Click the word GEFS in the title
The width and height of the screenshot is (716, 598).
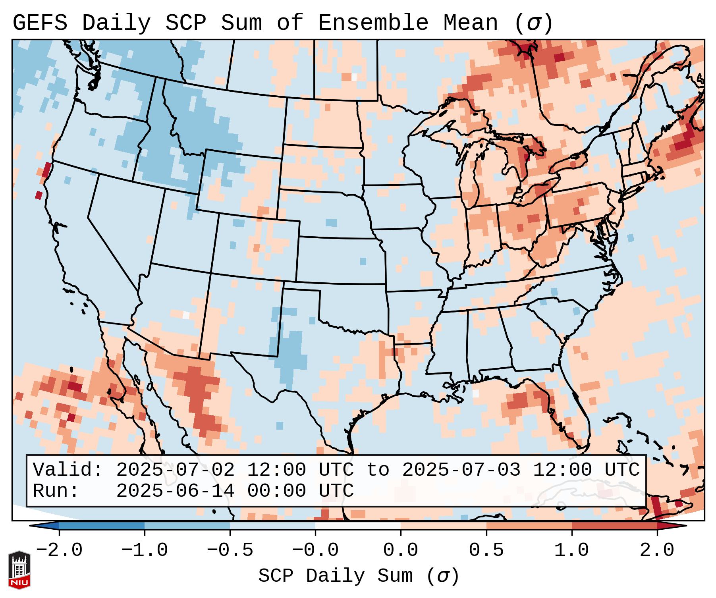point(40,23)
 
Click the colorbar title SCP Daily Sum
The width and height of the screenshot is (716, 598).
point(336,576)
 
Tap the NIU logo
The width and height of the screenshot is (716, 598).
point(19,570)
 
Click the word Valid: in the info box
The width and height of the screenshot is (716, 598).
point(68,470)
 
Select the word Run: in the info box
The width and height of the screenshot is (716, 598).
point(56,491)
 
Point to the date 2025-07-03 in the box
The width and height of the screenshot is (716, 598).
point(461,470)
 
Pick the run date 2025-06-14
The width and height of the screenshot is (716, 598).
point(175,491)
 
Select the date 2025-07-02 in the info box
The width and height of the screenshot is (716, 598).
point(175,470)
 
